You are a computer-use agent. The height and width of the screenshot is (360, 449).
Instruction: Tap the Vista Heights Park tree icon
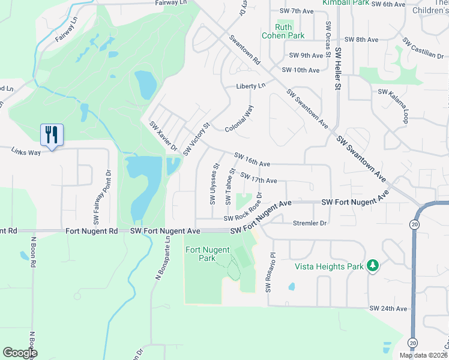373,265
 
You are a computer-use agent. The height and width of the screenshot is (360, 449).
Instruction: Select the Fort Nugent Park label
200,254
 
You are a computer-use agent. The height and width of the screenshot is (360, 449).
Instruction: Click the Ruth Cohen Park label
283,31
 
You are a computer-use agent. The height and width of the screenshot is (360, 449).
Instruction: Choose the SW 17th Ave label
258,179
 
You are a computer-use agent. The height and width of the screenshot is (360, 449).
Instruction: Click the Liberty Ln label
250,86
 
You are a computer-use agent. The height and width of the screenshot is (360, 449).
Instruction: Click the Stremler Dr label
309,223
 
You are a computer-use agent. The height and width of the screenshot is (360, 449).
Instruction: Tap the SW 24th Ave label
388,308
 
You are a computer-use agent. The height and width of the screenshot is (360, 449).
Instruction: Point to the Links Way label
26,152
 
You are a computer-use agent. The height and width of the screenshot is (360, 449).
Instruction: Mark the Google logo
20,353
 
